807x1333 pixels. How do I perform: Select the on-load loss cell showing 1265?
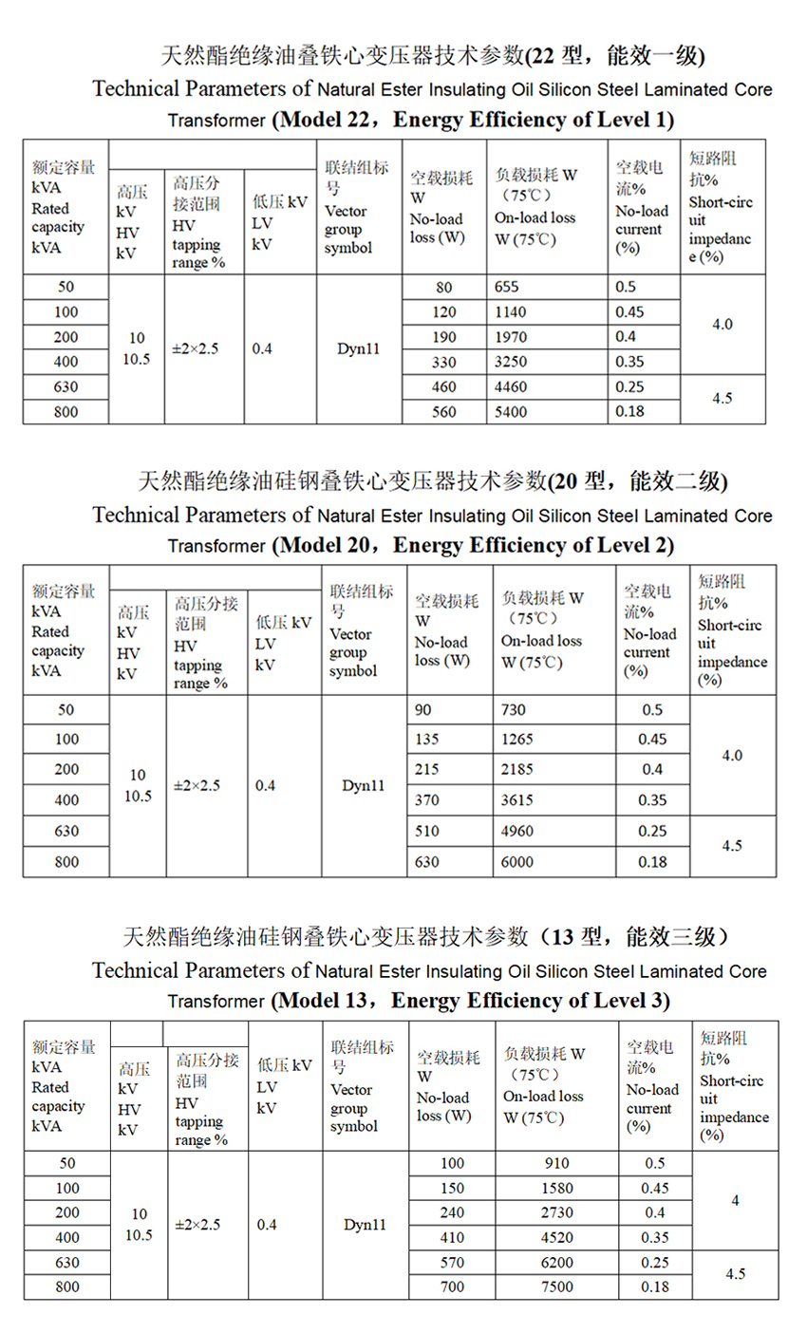click(x=517, y=740)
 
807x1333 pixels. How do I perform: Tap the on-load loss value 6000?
click(x=517, y=862)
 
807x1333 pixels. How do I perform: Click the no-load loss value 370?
click(x=427, y=800)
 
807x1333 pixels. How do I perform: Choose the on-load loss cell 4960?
click(x=517, y=831)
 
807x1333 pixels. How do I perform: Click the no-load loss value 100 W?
click(x=453, y=1163)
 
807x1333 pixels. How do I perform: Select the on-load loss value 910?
click(x=557, y=1163)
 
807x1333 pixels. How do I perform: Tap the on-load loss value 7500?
click(x=557, y=1287)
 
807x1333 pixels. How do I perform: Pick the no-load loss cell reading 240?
click(x=453, y=1212)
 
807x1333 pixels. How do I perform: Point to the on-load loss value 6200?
click(x=557, y=1263)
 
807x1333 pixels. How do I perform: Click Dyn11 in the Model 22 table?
click(x=359, y=348)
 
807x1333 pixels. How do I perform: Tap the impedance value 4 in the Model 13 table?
click(x=735, y=1201)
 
